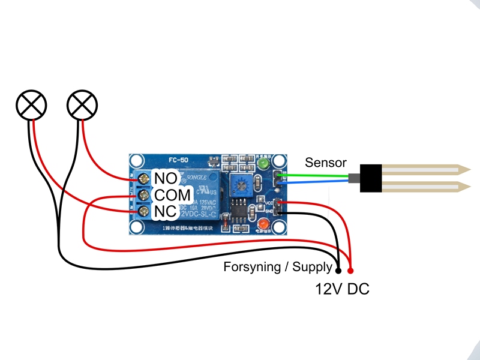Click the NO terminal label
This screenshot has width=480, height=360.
[165, 178]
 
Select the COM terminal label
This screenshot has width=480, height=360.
[173, 195]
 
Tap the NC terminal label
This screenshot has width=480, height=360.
[165, 212]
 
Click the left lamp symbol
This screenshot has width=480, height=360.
[31, 106]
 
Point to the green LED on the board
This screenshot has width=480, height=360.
[262, 163]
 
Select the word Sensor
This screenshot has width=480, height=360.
[326, 163]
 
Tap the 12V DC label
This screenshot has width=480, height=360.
[342, 289]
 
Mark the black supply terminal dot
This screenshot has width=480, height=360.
[338, 269]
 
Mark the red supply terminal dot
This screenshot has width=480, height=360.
[350, 269]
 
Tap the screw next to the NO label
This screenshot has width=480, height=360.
[144, 179]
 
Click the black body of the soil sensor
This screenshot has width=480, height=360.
[371, 178]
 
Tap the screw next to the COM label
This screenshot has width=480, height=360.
[144, 195]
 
